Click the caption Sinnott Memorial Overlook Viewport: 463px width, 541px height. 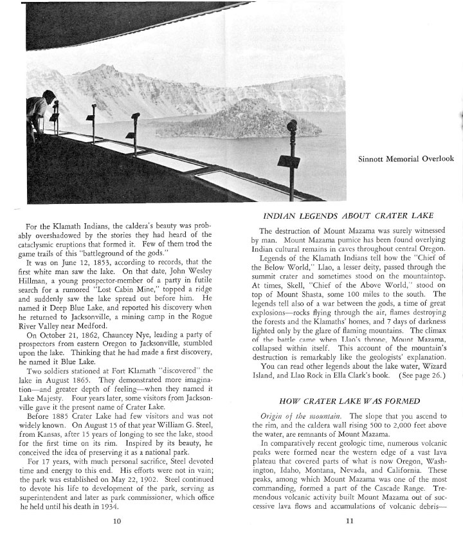[406, 159]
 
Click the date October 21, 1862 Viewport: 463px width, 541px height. [80, 334]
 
